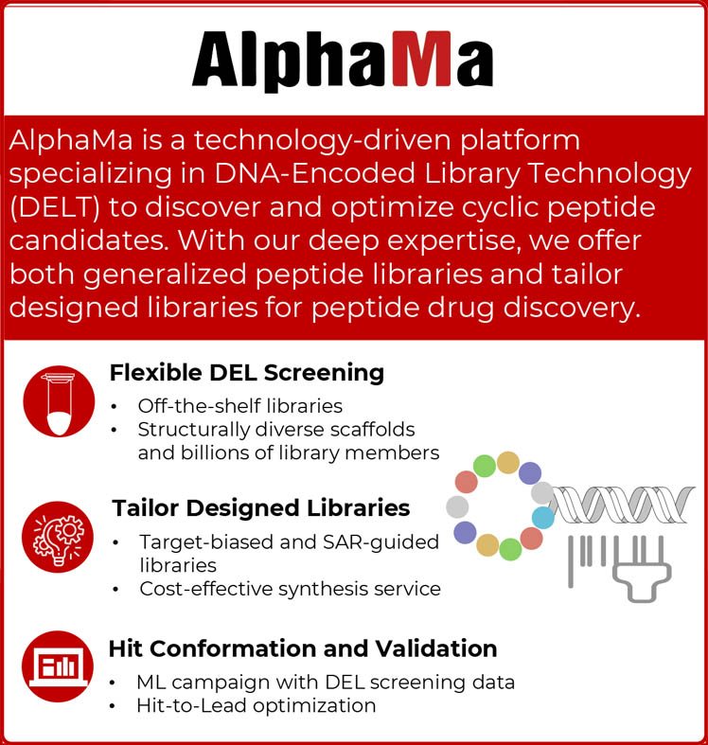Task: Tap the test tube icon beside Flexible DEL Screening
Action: (x=59, y=401)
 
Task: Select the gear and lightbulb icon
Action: (x=59, y=536)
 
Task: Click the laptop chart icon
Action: (x=59, y=666)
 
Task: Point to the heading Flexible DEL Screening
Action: (x=246, y=372)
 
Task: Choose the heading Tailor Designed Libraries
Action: (x=260, y=508)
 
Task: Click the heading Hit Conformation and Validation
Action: (x=302, y=648)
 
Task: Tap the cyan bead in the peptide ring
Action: (x=543, y=517)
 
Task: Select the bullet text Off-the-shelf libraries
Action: (x=239, y=406)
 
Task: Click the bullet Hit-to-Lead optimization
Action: (x=256, y=705)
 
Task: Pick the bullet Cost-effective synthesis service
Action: (x=290, y=589)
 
